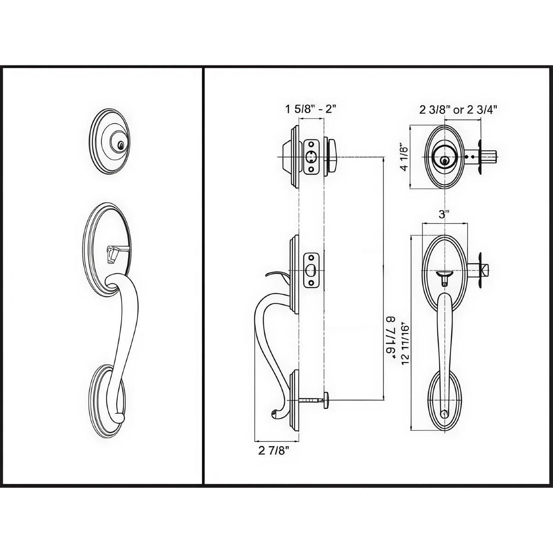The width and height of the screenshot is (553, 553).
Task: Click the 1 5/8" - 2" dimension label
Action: (311, 109)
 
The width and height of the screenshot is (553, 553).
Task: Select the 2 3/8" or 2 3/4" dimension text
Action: (458, 109)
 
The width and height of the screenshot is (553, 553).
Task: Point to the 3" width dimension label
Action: (444, 214)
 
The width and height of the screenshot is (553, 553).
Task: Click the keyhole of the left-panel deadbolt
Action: (121, 146)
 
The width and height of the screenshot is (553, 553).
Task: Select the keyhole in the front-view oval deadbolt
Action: (444, 161)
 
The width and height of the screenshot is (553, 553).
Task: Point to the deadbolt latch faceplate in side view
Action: (311, 157)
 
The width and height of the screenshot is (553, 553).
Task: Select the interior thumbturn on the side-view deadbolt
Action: (333, 157)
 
